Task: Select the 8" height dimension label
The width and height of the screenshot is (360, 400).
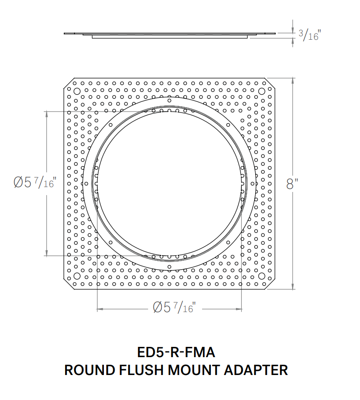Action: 292,183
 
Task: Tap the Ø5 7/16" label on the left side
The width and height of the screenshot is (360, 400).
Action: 34,183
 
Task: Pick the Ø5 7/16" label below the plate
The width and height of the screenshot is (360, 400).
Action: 174,308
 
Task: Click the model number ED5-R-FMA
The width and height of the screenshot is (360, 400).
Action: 177,353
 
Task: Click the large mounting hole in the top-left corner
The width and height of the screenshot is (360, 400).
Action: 76,91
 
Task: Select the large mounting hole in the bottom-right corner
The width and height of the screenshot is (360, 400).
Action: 261,275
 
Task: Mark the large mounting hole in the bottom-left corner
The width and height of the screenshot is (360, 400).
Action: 76,275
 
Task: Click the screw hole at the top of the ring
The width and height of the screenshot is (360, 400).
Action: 169,101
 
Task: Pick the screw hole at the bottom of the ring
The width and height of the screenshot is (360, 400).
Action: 169,267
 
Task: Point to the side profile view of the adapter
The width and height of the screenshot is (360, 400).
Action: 170,35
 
